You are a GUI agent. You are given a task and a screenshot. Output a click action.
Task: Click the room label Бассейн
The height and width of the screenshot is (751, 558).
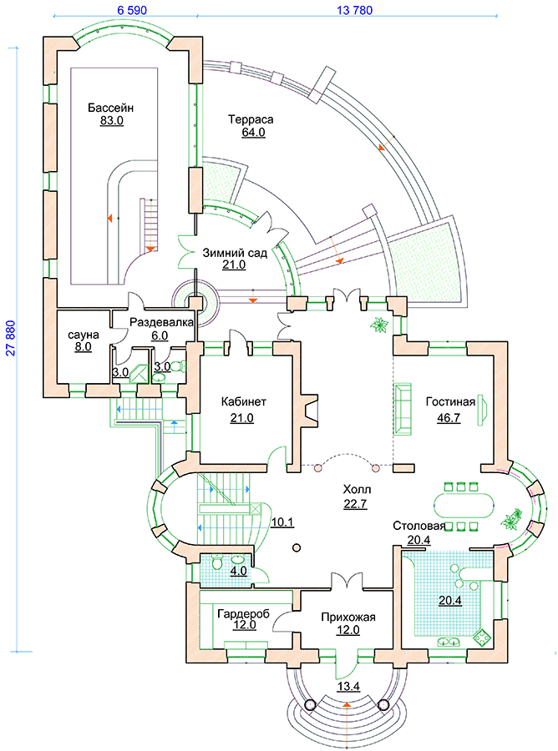[111, 108]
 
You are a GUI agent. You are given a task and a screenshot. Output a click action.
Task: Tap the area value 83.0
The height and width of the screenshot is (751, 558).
[111, 121]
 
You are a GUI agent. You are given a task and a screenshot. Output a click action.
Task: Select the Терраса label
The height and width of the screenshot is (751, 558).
[251, 119]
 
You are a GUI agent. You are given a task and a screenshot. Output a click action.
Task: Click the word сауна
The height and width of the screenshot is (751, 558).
[84, 335]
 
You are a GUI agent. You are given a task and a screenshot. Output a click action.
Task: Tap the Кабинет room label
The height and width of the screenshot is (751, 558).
[244, 402]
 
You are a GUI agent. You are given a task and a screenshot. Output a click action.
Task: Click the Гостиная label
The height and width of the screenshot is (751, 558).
[449, 402]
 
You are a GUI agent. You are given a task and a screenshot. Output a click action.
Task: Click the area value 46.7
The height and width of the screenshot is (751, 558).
[449, 417]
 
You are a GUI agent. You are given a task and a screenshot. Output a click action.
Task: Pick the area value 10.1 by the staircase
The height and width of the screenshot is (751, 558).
[282, 522]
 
